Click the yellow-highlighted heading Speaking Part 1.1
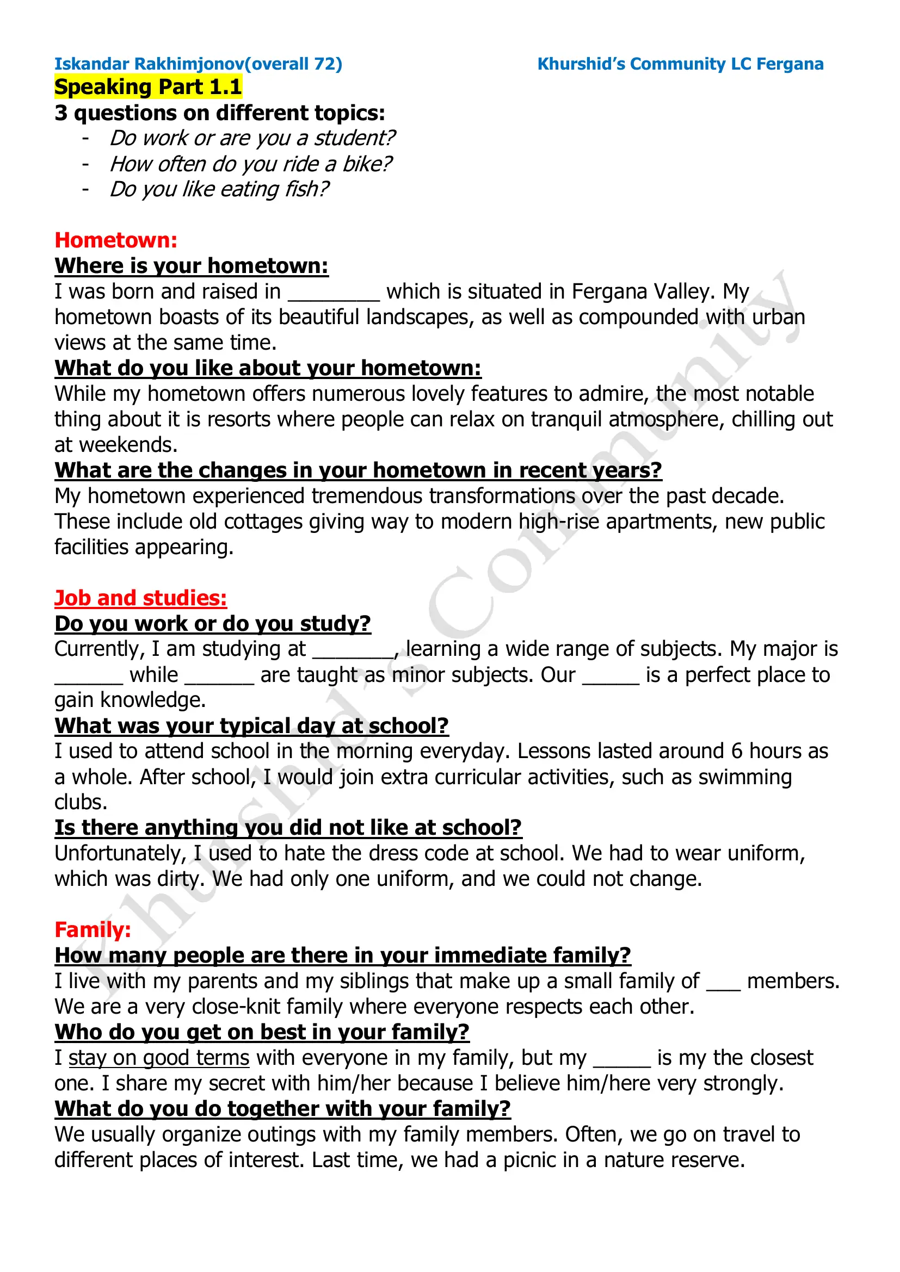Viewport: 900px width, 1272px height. [x=148, y=87]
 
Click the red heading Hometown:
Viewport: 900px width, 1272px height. [x=116, y=240]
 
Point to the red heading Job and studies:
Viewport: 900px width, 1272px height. [x=140, y=598]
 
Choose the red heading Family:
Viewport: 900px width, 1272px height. [x=93, y=929]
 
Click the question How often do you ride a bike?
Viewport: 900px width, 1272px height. [x=250, y=164]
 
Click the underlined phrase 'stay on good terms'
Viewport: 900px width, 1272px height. [x=159, y=1058]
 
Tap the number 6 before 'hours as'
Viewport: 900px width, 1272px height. [x=737, y=752]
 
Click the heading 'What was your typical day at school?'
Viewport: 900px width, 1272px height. [x=251, y=726]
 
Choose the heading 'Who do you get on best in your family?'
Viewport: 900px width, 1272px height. [x=262, y=1032]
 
